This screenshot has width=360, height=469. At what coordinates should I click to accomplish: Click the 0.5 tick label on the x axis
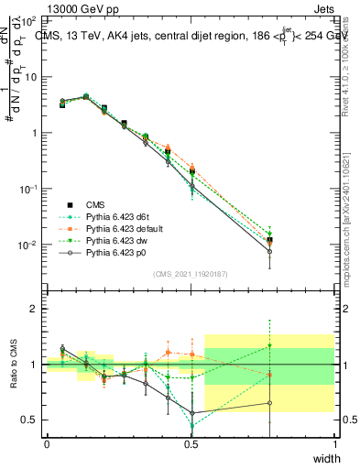pos(191,443)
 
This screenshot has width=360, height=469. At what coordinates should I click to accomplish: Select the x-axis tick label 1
pos(335,443)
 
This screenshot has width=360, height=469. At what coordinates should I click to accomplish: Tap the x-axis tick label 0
pos(47,443)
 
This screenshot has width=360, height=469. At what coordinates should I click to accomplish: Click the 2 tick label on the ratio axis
pos(34,310)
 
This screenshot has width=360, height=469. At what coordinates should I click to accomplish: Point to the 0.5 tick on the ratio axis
pos(30,420)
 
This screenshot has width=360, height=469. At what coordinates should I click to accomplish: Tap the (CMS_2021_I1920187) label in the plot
pos(189,273)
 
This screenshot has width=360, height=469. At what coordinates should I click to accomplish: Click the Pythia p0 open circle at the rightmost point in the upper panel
pos(269,251)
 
